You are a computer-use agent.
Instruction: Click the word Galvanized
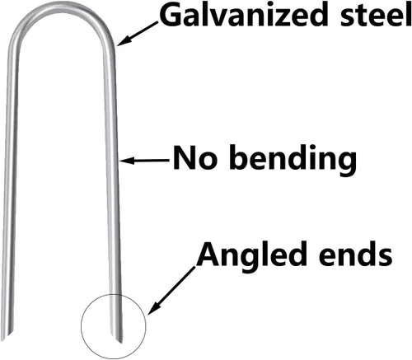(244, 15)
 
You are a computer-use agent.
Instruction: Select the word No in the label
(194, 158)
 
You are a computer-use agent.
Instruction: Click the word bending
(293, 160)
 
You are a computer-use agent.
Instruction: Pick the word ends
(355, 254)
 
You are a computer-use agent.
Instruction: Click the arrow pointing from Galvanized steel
(138, 34)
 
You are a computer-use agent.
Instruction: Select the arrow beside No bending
(145, 160)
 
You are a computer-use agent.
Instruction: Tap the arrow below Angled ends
(171, 290)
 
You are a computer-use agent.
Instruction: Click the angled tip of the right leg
(121, 343)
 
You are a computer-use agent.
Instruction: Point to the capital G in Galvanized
(171, 16)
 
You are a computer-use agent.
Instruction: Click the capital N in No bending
(185, 158)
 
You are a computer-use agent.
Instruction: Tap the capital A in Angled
(208, 255)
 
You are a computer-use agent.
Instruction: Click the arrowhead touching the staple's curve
(122, 42)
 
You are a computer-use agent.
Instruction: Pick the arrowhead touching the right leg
(127, 160)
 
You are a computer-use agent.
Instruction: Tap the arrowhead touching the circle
(153, 309)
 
